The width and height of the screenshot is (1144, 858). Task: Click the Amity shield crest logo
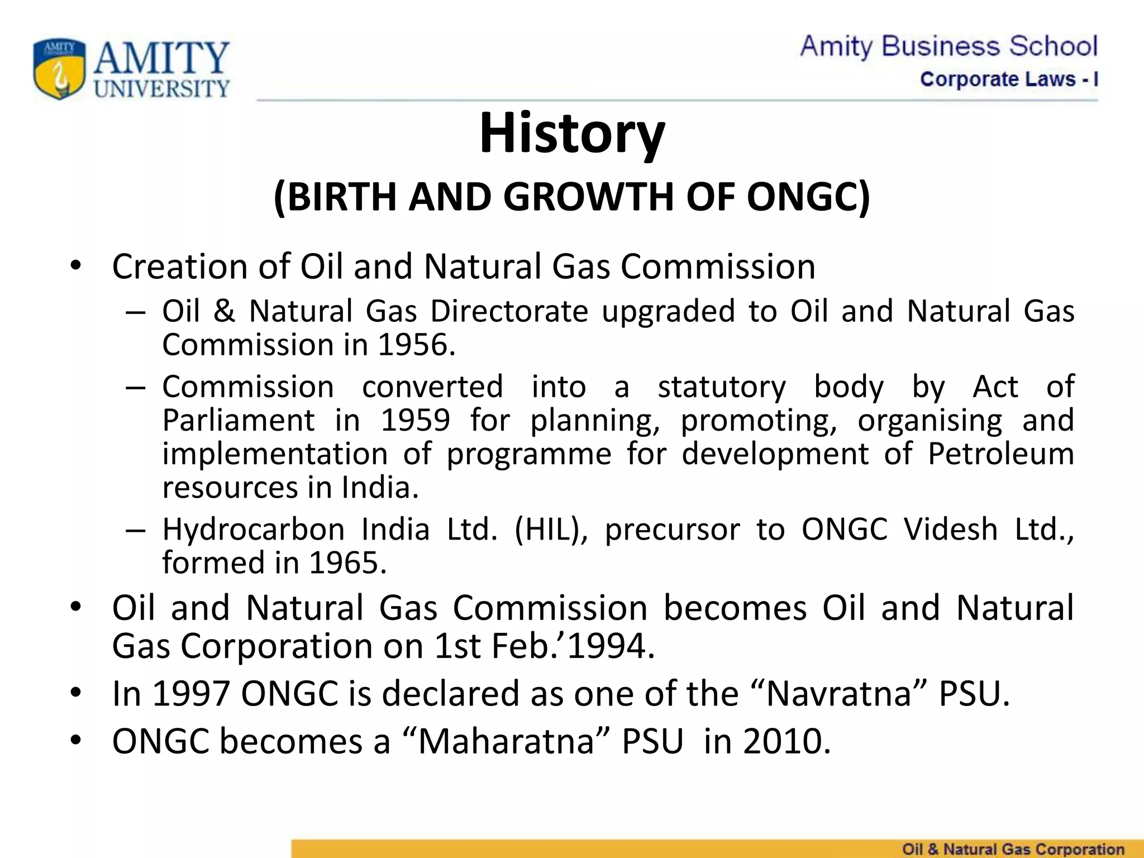60,69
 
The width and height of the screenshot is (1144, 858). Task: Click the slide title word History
572,134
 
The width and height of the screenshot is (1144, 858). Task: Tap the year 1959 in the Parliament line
415,420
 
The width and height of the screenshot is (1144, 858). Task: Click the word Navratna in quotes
838,693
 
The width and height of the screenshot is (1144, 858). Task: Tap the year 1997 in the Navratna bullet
191,693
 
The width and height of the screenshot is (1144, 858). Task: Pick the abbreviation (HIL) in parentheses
550,529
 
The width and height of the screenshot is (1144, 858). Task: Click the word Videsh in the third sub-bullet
951,529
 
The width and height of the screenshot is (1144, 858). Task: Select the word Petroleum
1000,454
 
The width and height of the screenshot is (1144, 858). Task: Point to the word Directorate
509,311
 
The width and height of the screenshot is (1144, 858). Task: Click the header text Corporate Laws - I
1009,79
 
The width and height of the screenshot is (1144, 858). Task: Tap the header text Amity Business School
948,46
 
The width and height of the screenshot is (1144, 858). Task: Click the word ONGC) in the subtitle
808,197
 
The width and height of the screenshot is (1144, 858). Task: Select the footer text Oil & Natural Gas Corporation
1013,849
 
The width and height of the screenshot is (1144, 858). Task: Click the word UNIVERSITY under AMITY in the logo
162,88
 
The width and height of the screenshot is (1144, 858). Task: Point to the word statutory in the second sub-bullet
722,387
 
